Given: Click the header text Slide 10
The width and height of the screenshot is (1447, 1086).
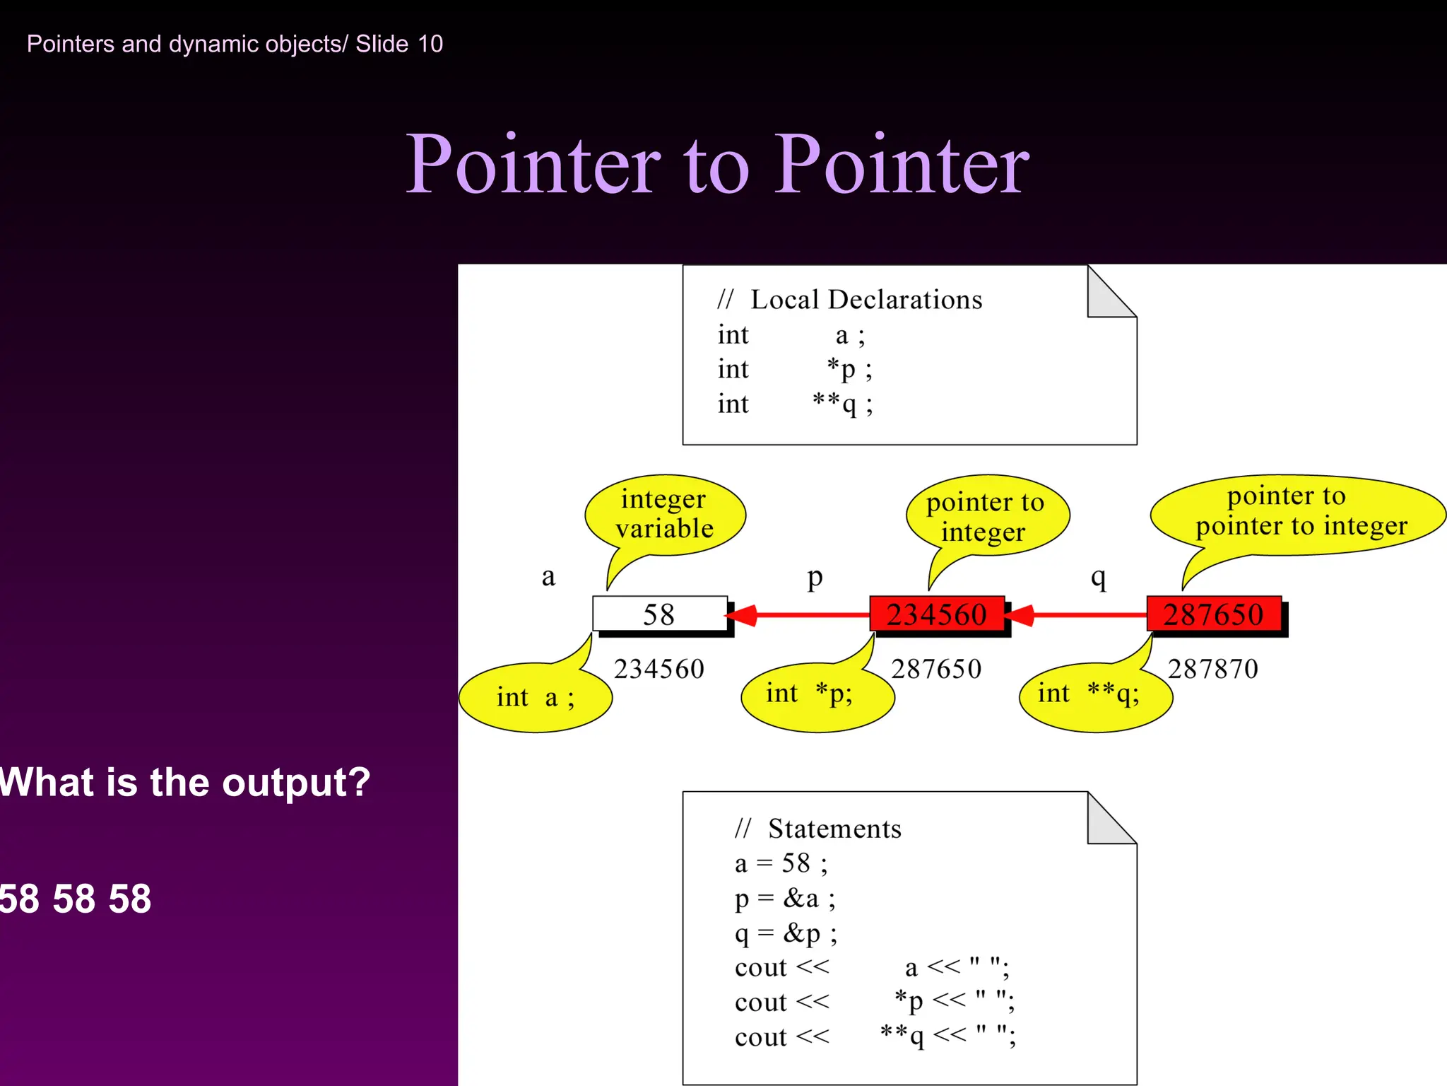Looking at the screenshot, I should coord(398,44).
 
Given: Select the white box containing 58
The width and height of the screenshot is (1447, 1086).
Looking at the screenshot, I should coord(659,614).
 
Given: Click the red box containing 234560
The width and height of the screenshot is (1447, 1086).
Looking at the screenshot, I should coord(936,614).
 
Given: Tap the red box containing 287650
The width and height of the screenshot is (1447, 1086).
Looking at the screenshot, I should coord(1213,614).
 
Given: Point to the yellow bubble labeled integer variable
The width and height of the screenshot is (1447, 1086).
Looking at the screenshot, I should coord(664,514).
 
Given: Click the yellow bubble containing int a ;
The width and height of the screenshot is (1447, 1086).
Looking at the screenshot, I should coord(536,697).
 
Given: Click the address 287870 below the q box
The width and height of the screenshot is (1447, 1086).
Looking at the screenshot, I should coord(1212,669).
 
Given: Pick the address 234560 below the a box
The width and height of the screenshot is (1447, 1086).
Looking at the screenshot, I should coord(658,669).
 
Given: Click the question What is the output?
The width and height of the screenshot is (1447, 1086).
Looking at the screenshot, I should coord(185,783).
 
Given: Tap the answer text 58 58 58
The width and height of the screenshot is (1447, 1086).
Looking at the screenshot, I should coord(76,899).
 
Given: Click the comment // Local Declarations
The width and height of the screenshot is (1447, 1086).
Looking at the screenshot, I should coord(849,300).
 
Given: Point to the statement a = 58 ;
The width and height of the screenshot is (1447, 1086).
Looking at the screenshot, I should coord(781,863).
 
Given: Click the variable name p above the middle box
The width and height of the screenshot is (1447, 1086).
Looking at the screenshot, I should coord(815,578).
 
